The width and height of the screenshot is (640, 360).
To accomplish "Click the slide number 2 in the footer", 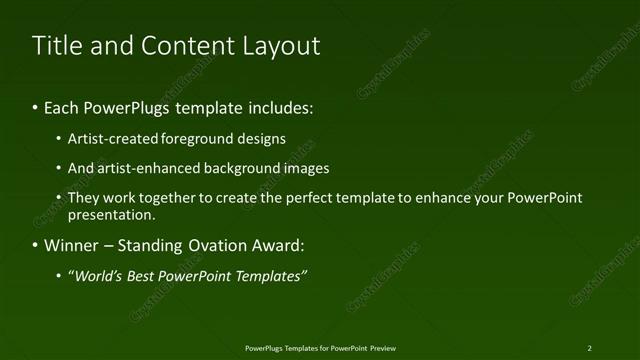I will click(x=590, y=348).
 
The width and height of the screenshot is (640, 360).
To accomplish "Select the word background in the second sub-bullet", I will click(x=243, y=168).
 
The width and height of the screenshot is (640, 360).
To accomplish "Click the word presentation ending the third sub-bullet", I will click(x=111, y=214).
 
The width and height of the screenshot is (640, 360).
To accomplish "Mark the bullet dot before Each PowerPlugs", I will click(x=36, y=107).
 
